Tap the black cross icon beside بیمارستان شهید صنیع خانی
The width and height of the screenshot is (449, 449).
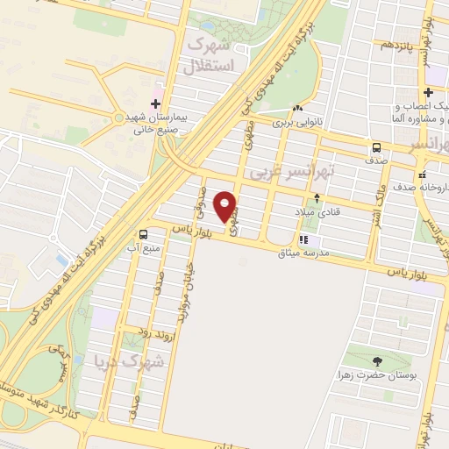click(155, 104)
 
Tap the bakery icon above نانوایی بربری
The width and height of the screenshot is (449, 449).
click(297, 108)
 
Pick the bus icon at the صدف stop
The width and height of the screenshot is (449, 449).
click(376, 147)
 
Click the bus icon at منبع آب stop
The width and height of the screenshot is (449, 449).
click(143, 234)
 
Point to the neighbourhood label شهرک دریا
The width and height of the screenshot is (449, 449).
click(153, 363)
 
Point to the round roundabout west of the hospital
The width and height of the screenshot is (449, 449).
click(118, 118)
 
